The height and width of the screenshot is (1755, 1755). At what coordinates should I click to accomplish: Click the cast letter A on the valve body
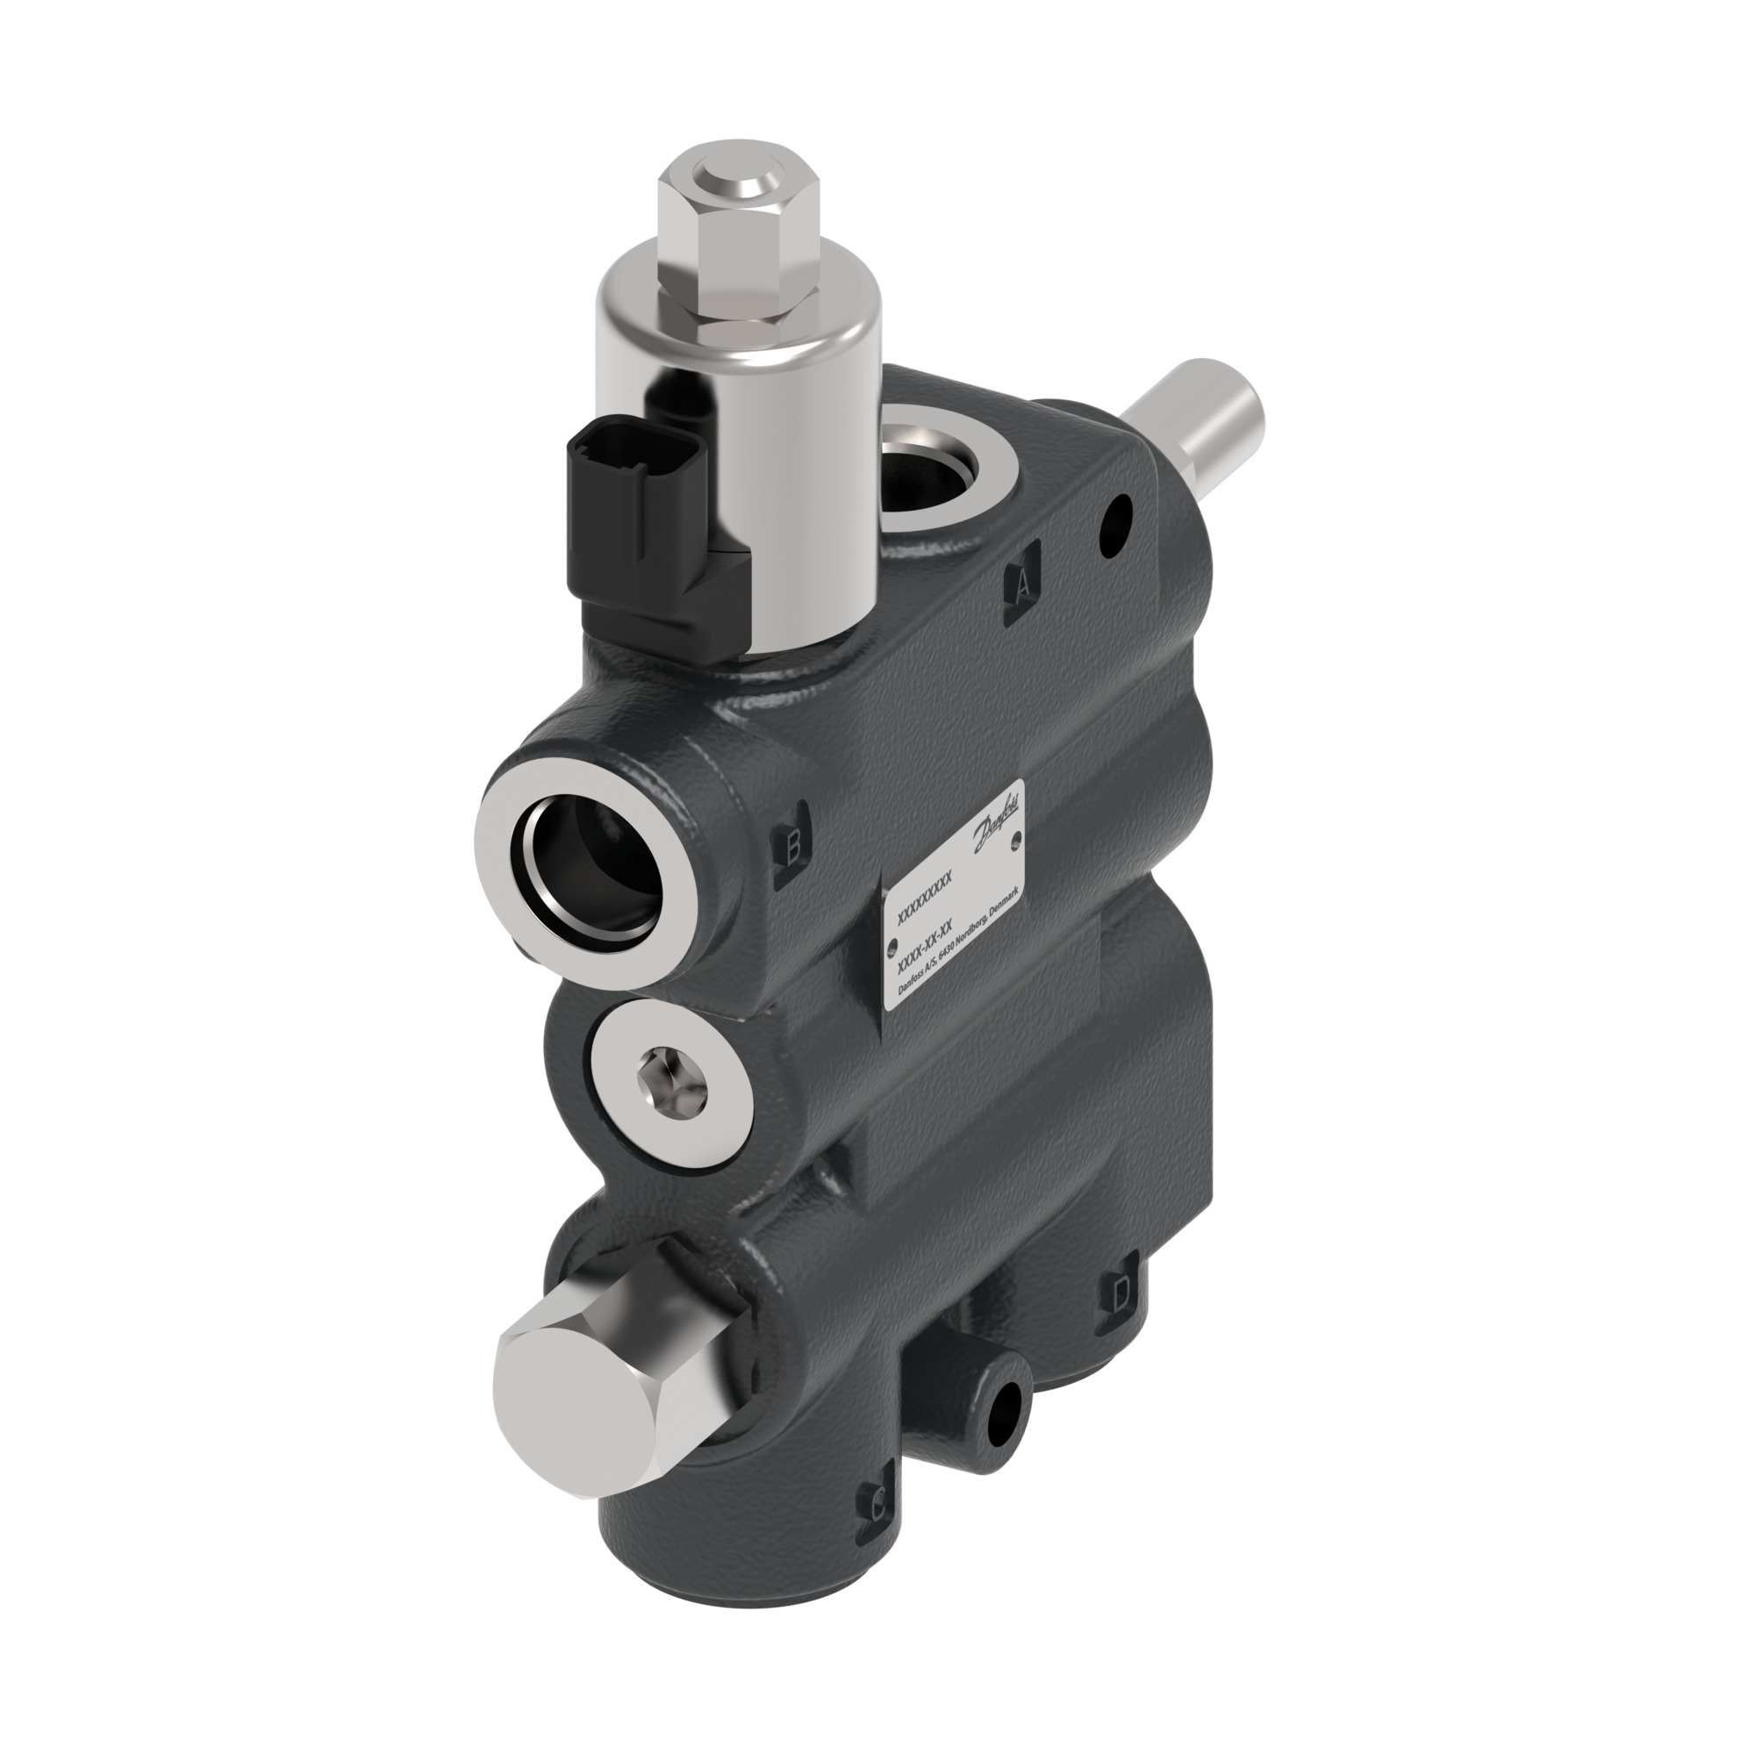coord(1023,584)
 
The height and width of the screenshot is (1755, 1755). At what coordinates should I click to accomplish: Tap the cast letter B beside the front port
coord(792,849)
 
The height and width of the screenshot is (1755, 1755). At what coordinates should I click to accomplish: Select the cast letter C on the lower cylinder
coord(877,1508)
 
